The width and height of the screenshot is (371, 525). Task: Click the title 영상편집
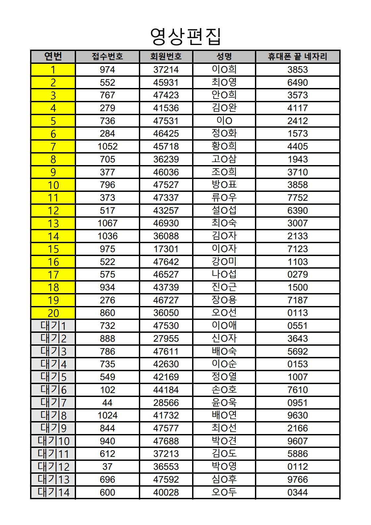pos(186,36)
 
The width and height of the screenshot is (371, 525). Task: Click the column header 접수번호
pos(107,57)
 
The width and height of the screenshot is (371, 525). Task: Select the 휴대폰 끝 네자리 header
pos(297,57)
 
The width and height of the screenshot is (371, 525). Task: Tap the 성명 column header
pos(224,57)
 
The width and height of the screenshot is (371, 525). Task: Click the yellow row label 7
pos(53,147)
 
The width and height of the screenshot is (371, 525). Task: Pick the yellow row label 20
pos(53,313)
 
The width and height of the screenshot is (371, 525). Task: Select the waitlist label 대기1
pos(53,326)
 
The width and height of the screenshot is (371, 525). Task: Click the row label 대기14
pos(53,492)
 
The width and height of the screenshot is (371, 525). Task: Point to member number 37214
pos(166,70)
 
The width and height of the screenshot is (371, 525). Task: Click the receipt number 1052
pos(107,147)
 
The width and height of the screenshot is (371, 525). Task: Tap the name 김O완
pos(224,108)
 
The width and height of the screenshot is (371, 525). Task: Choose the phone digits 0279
pos(297,275)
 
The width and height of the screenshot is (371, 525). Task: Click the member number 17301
pos(166,249)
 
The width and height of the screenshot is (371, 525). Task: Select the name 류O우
pos(224,198)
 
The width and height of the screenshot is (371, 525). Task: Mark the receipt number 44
pos(107,403)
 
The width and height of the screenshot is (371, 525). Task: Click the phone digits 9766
pos(297,479)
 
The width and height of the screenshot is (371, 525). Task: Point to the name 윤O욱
pos(224,403)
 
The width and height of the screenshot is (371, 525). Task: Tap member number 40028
pos(166,492)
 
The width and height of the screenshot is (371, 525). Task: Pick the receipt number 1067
pos(107,223)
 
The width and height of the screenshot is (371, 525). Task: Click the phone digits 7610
pos(297,390)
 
